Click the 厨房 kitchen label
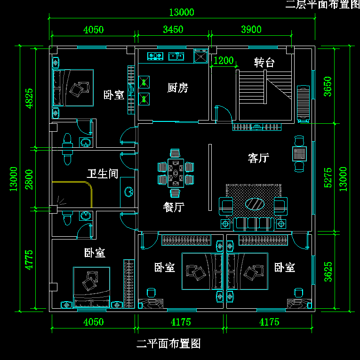pos(177,88)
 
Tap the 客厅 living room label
pos(258,158)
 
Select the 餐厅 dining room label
pos(174,207)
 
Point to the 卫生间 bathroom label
pos(102,174)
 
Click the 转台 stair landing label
pos(264,63)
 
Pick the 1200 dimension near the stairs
pos(224,60)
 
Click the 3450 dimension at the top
pos(173,30)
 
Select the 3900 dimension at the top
pos(251,30)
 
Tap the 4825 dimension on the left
pos(29,98)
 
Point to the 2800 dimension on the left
pos(29,179)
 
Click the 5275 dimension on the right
pos(328,177)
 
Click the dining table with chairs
pos(176,173)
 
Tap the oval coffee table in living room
pos(255,204)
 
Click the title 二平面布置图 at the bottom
pos(168,344)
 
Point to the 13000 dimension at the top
pos(181,13)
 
